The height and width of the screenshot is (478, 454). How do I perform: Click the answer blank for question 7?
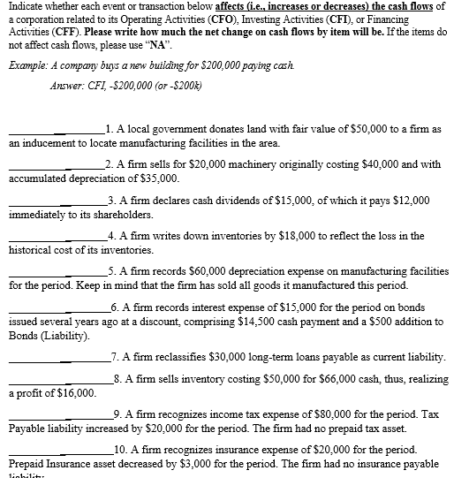click(x=53, y=359)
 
